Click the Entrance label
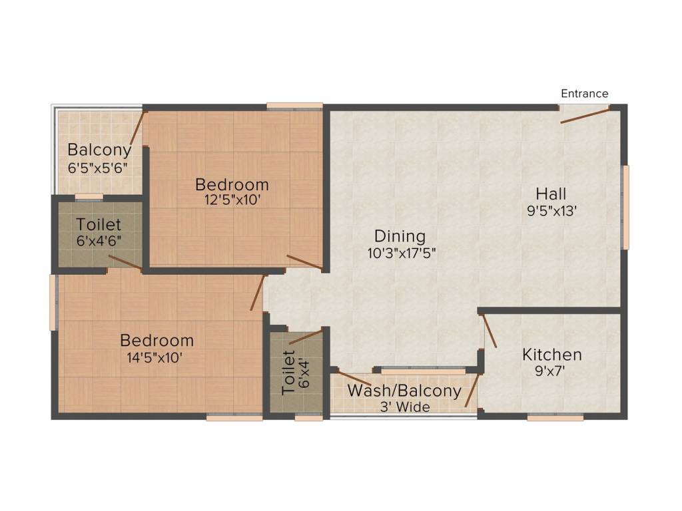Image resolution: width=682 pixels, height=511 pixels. point(584,94)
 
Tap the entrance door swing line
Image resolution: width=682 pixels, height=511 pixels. point(584,115)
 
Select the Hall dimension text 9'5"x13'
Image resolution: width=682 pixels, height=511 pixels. point(551,211)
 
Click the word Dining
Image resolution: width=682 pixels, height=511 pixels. point(400,236)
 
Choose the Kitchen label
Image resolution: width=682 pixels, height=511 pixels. point(551,355)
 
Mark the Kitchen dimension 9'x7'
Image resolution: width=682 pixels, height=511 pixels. point(550,371)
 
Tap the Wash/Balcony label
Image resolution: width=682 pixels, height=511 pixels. point(404,391)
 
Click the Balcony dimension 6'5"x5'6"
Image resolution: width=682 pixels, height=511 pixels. point(97,168)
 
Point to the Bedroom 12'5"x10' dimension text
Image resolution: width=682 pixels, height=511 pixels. point(232,199)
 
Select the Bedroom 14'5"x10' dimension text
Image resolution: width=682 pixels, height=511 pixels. point(157,357)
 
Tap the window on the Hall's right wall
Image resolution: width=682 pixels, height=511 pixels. point(625,207)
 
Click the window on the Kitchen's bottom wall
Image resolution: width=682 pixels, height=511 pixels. point(555,417)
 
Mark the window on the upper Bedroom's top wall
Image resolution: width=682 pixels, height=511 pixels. point(295,105)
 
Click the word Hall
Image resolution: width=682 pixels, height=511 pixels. point(551,194)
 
